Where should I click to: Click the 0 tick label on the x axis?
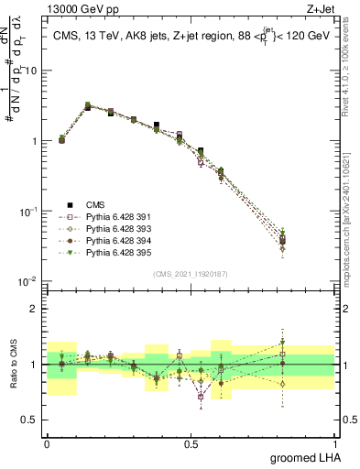[x=47, y=443]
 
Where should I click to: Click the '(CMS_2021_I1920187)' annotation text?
[x=190, y=273]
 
